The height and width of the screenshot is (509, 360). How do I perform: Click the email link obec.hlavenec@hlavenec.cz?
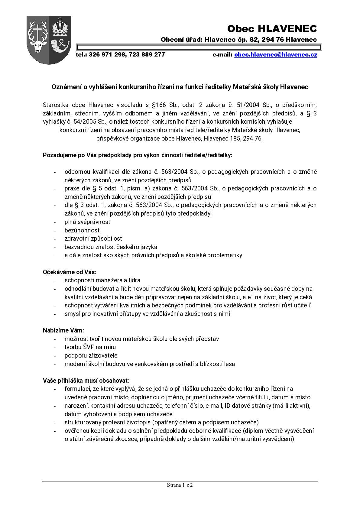pos(275,55)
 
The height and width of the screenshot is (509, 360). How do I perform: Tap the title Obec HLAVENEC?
pos(272,29)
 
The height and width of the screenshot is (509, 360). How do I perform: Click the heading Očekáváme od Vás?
pos(70,272)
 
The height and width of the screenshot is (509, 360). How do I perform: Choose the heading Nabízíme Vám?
pos(63,330)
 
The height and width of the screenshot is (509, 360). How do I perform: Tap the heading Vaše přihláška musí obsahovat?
pos(86,380)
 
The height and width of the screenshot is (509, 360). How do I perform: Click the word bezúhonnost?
pos(82,230)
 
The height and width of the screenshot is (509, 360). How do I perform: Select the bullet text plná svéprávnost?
pos(87,222)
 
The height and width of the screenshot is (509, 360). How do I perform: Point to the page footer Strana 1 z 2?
pos(180,485)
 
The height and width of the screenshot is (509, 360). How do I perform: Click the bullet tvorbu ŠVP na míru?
pos(90,347)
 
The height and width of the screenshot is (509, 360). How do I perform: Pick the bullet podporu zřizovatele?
pos(91,355)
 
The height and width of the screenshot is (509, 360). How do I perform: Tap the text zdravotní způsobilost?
pos(93,238)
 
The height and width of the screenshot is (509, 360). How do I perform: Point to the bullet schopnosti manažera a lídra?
pos(102,280)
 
